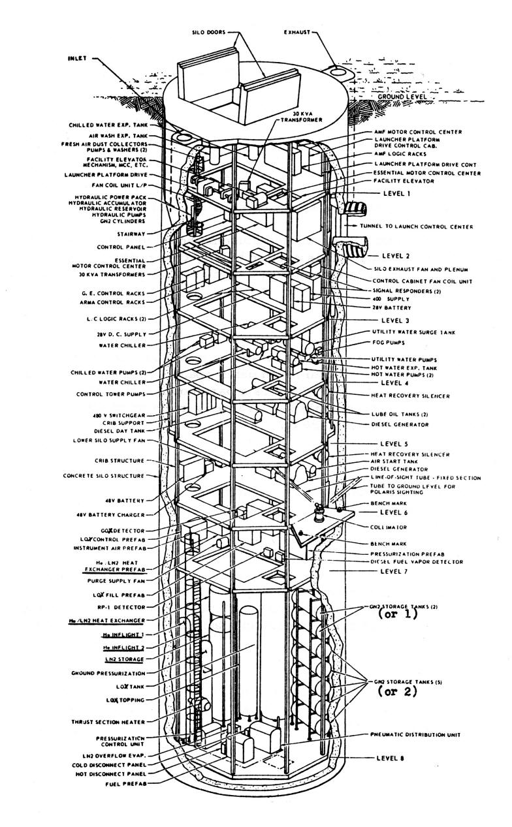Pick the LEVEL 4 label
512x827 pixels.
[394, 384]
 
